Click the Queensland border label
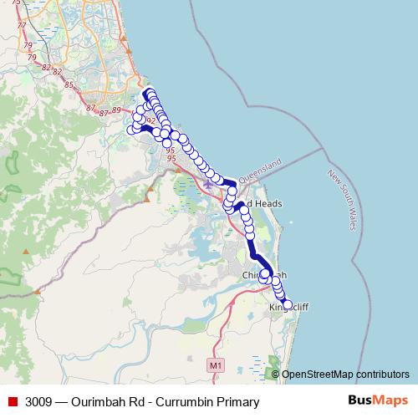tap(261, 170)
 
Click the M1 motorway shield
tap(217, 365)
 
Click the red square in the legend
tap(13, 402)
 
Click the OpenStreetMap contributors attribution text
tap(346, 375)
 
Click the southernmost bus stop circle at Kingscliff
tap(286, 304)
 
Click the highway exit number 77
tap(21, 28)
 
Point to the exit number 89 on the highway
tap(116, 110)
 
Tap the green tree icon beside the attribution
tap(275, 374)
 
